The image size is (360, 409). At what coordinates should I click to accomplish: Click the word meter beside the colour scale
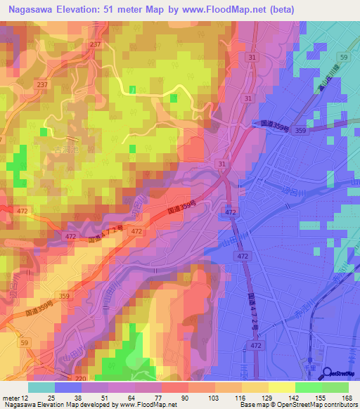[11, 397]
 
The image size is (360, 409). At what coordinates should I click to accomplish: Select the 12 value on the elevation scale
[27, 397]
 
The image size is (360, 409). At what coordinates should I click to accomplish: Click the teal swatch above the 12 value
[41, 387]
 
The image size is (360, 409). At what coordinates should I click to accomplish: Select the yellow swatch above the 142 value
[282, 387]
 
